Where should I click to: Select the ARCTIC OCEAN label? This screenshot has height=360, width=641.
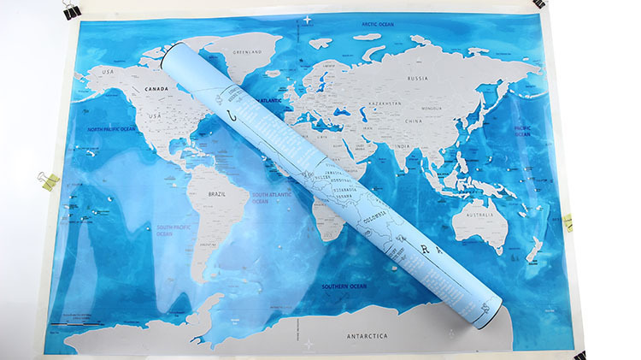(382, 25)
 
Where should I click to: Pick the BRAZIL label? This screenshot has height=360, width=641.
(216, 194)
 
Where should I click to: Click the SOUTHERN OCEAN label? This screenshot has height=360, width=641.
(344, 286)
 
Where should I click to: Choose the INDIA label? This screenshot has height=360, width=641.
(402, 146)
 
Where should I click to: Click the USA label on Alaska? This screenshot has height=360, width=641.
(108, 71)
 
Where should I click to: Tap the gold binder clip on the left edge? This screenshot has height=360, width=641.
(48, 180)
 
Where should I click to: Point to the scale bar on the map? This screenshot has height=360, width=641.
(74, 322)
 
